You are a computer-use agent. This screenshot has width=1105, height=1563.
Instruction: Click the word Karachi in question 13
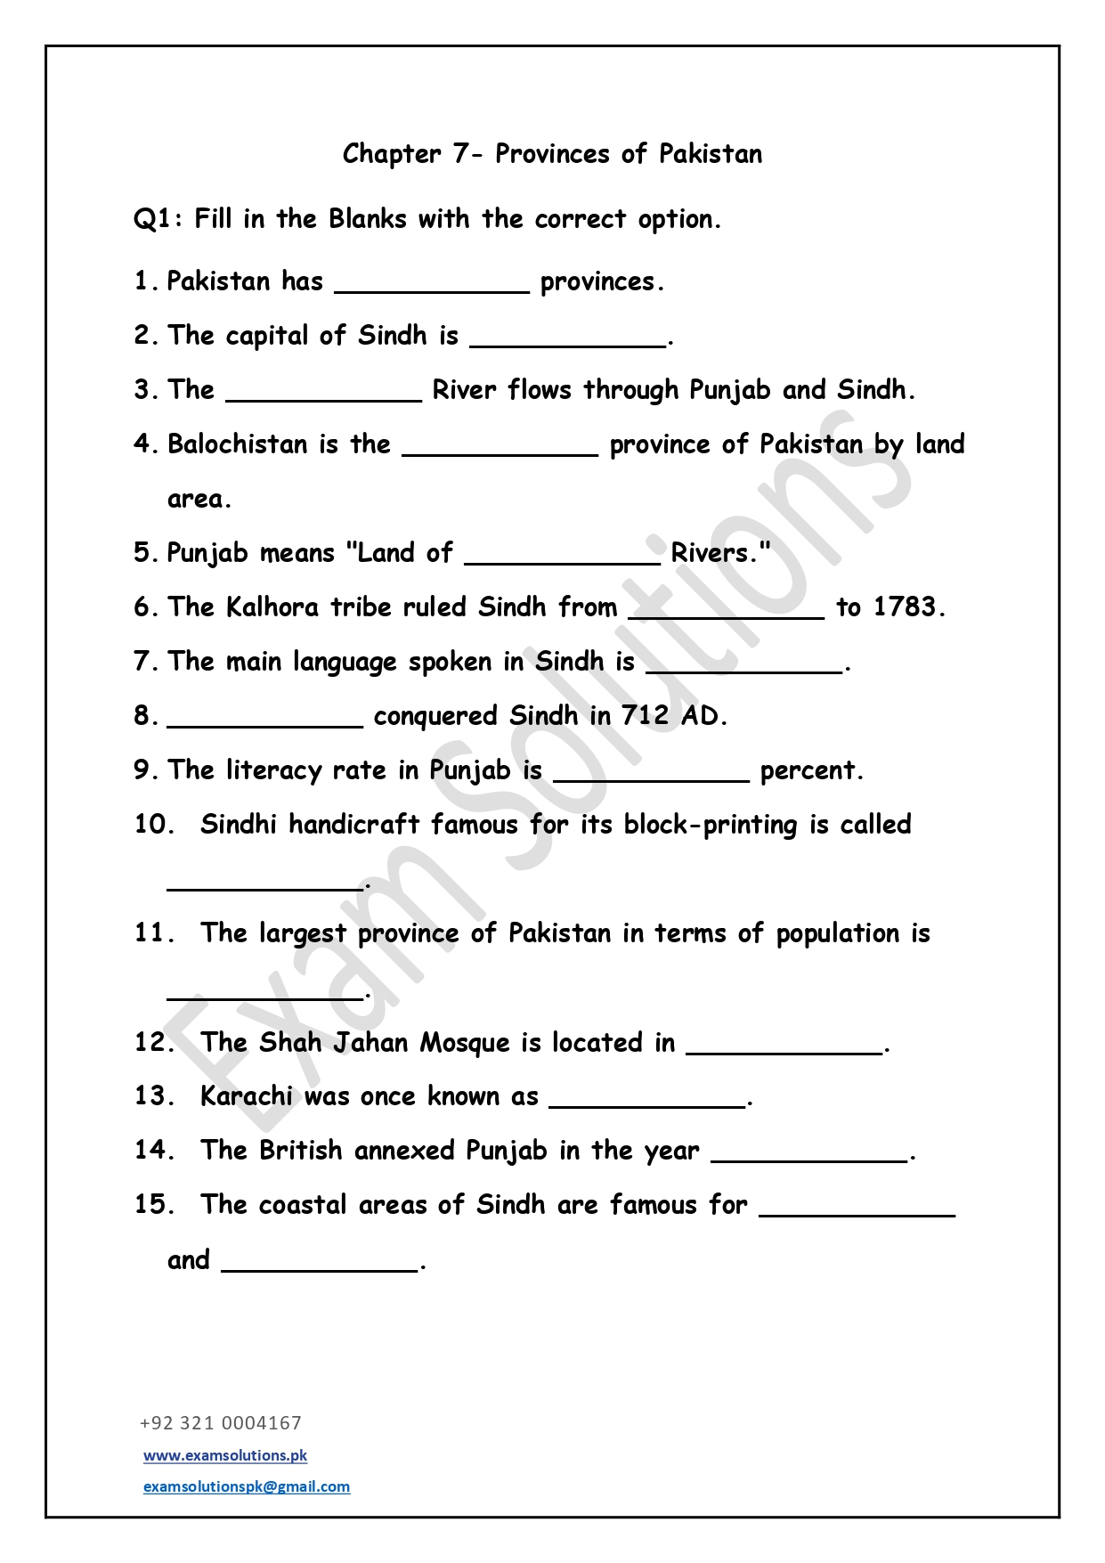(246, 1096)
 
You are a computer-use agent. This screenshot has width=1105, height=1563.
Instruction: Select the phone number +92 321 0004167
(221, 1422)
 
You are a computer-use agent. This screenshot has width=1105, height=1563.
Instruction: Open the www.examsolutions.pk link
(225, 1455)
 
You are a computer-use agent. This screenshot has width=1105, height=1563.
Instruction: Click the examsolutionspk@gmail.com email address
(247, 1486)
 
